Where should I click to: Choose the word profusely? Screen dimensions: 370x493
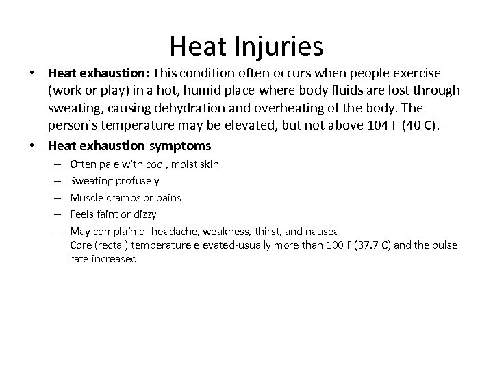coord(137,181)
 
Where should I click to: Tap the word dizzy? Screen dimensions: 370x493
coord(144,214)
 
